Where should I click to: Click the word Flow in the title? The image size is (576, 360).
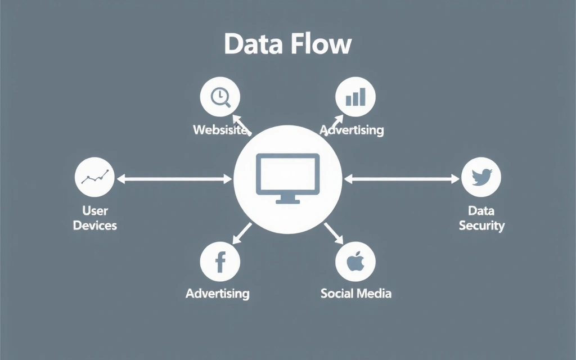[x=319, y=44]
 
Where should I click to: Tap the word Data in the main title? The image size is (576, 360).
[x=252, y=44]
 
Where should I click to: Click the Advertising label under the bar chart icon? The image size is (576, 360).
[x=353, y=130]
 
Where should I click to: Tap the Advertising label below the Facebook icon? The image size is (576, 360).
[x=218, y=293]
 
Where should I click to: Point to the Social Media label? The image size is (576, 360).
[x=355, y=293]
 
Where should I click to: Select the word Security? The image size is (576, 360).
[x=481, y=226]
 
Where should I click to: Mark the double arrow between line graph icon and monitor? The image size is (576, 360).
[x=174, y=179]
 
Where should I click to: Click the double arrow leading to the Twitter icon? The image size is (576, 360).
[x=402, y=179]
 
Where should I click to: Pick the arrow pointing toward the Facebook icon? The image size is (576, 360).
[x=243, y=231]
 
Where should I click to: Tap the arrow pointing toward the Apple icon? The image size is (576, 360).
[x=333, y=232]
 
